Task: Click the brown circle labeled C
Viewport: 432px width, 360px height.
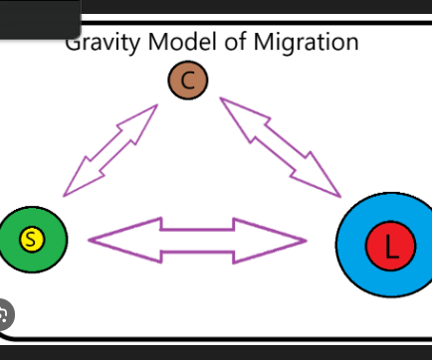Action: pos(187,81)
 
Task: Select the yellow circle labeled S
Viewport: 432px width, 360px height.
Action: pos(31,239)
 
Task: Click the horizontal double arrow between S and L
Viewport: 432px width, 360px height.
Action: pos(197,240)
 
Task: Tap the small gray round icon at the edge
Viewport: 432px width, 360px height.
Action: pos(5,317)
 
